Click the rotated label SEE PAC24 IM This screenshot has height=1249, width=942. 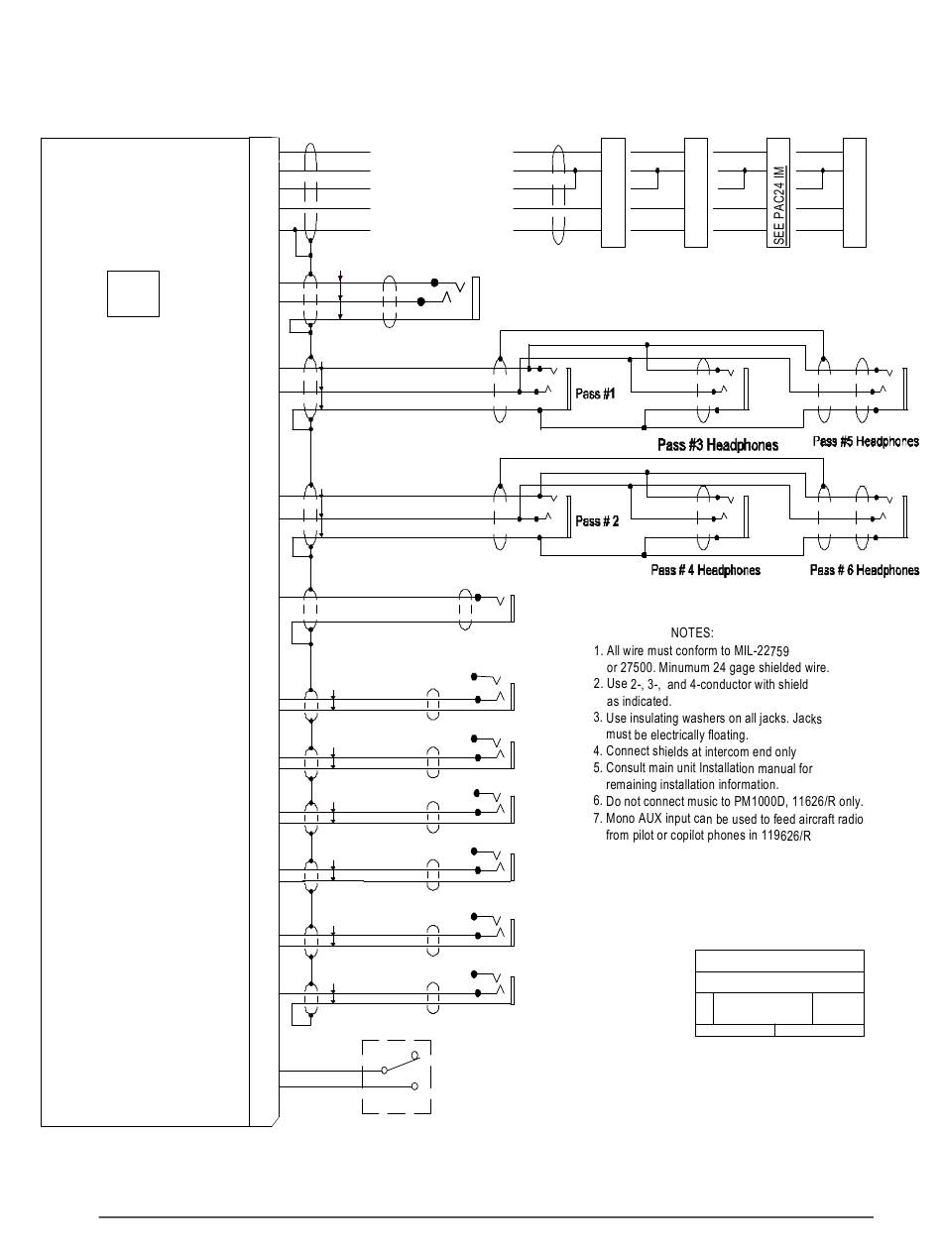pyautogui.click(x=779, y=205)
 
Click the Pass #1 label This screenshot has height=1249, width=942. pyautogui.click(x=596, y=394)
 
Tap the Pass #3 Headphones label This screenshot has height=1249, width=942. pyautogui.click(x=718, y=445)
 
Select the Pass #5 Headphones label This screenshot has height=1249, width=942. pyautogui.click(x=866, y=441)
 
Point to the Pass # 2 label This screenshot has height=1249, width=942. pyautogui.click(x=597, y=521)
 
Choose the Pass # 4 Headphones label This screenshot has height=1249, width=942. pyautogui.click(x=706, y=570)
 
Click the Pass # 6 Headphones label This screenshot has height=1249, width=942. pyautogui.click(x=865, y=570)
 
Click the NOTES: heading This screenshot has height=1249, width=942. pyautogui.click(x=692, y=632)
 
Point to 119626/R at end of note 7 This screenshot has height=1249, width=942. pyautogui.click(x=793, y=836)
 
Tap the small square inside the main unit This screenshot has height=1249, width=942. pyautogui.click(x=133, y=292)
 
